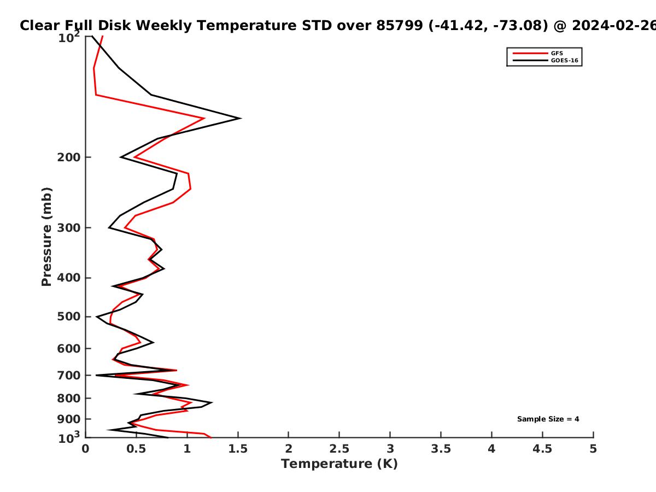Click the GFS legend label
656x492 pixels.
557,53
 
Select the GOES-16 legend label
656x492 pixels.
564,60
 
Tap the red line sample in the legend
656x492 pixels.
530,53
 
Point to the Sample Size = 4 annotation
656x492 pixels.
548,419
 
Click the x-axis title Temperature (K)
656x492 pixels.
339,464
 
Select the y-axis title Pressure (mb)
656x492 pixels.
46,237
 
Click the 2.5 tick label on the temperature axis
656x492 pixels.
339,449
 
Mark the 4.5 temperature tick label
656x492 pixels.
542,449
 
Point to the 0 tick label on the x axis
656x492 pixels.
85,449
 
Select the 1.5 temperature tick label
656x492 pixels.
238,449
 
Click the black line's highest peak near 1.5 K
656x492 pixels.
241,118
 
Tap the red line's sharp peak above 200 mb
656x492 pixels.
204,118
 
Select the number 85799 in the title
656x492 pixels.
400,26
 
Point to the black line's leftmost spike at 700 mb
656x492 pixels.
96,375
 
